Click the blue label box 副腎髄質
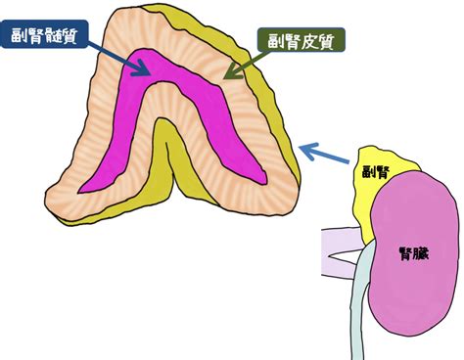tap(44, 34)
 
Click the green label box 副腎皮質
tap(301, 40)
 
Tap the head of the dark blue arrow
tap(143, 68)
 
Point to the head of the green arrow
tap(232, 71)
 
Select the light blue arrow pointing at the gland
tap(324, 153)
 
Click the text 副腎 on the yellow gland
tap(376, 171)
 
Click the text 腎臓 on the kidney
tap(414, 253)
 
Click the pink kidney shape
tap(412, 254)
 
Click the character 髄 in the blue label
tap(53, 35)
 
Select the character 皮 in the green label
tap(308, 41)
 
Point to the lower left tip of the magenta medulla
tap(79, 193)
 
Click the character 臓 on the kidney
tap(422, 253)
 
